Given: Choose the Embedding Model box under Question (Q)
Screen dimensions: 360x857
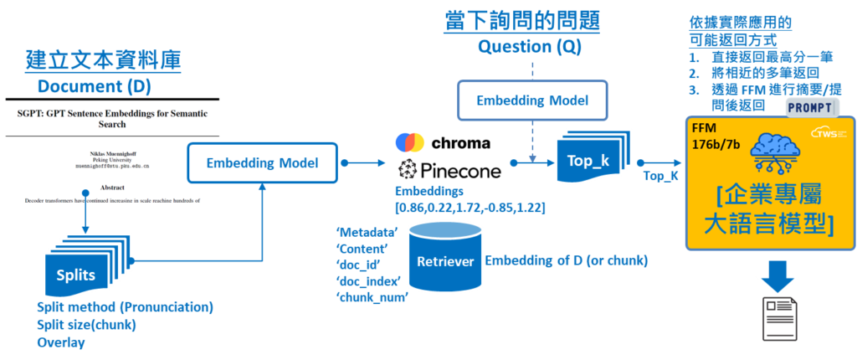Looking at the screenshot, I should click(532, 100).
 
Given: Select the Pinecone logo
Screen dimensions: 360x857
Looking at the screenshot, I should click(449, 171).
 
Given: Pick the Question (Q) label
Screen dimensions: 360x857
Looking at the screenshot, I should click(527, 47).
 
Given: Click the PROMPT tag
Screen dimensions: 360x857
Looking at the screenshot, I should click(809, 108).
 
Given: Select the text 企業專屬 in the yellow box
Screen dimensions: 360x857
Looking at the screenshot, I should click(769, 193).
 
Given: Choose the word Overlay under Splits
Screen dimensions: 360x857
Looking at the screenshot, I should click(61, 342).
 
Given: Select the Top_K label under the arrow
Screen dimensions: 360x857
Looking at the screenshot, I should click(659, 176).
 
